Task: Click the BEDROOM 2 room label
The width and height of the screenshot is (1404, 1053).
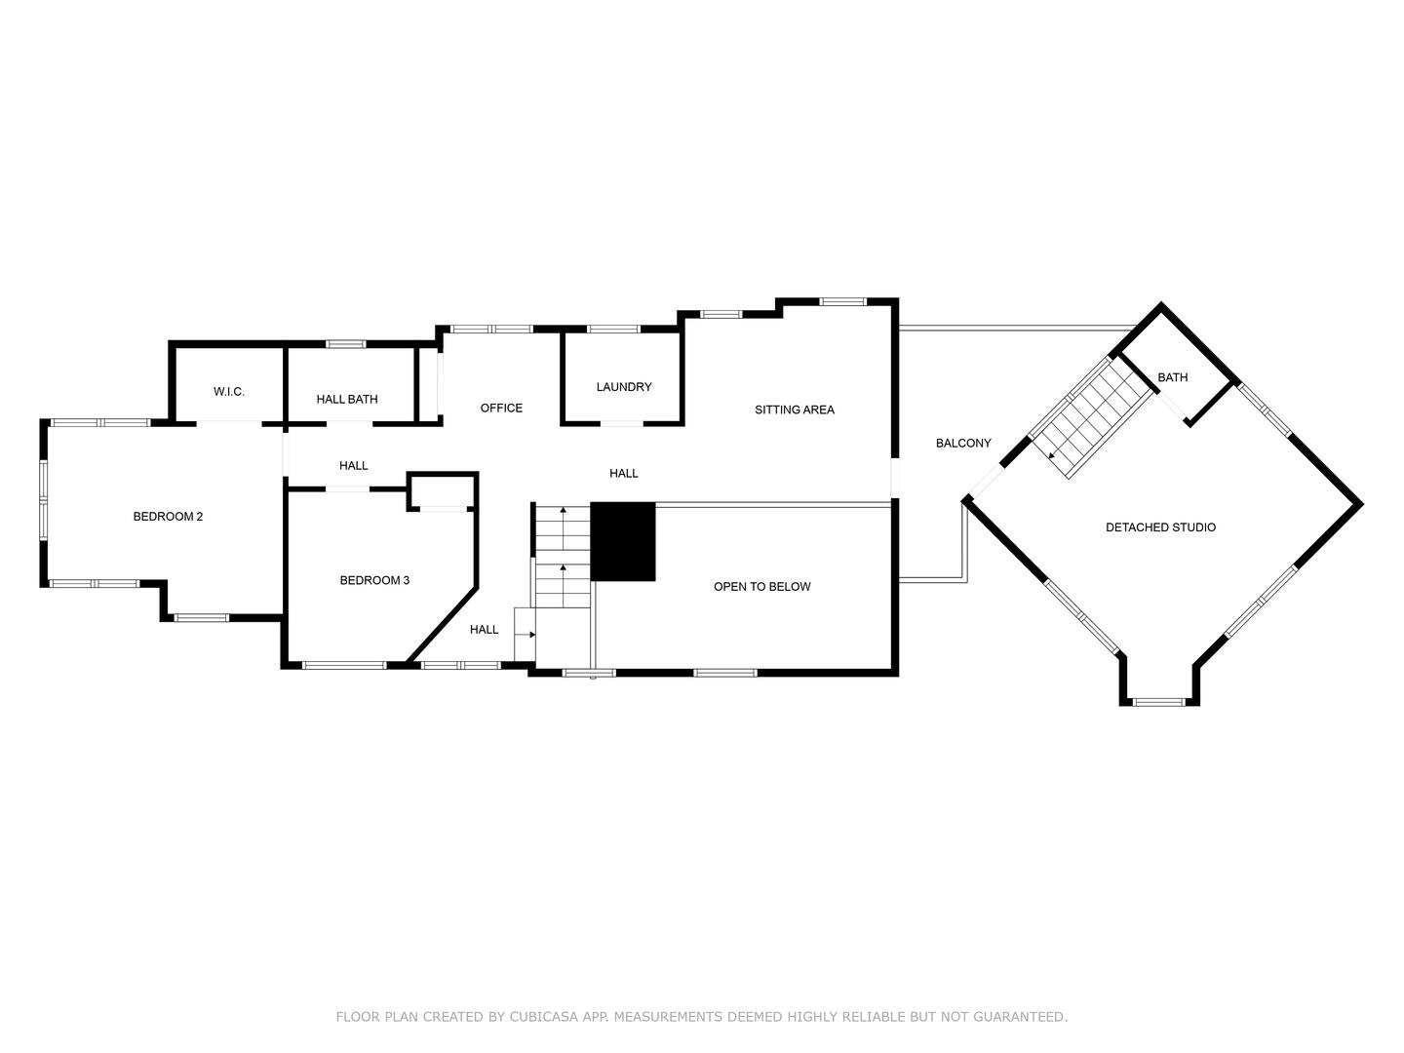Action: click(168, 517)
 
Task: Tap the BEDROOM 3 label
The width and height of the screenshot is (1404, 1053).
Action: click(374, 581)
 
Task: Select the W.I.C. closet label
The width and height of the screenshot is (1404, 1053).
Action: click(229, 392)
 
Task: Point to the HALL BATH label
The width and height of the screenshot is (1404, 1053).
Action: click(347, 400)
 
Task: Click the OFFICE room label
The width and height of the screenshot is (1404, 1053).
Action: click(501, 409)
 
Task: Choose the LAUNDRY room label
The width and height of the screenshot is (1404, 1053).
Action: click(624, 387)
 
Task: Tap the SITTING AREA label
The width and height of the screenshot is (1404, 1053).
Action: click(795, 410)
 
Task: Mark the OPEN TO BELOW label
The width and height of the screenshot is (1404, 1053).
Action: click(762, 587)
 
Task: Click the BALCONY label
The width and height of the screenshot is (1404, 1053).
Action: click(963, 444)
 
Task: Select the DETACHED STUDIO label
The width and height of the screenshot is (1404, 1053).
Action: click(1160, 527)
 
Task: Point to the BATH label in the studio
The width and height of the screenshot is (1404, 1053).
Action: click(1173, 378)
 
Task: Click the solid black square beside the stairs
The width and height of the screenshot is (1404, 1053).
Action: click(623, 542)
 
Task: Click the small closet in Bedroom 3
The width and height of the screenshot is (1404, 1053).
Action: click(442, 491)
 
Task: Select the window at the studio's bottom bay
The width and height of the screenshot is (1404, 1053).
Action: click(1159, 701)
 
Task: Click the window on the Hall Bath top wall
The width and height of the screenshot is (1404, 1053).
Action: click(346, 343)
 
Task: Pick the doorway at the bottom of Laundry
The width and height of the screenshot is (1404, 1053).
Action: click(621, 424)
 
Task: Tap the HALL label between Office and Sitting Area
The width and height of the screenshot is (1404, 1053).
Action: click(624, 474)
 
